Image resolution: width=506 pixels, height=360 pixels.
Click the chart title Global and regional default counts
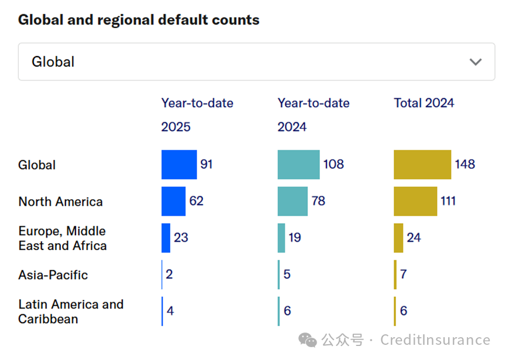click(x=139, y=20)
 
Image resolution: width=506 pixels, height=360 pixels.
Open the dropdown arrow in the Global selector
click(x=476, y=62)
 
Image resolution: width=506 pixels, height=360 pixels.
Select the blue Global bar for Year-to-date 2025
click(x=179, y=165)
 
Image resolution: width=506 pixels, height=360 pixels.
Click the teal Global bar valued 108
click(x=298, y=165)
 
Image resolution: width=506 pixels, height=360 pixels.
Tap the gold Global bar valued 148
click(x=422, y=165)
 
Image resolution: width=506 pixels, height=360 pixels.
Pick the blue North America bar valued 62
click(x=173, y=202)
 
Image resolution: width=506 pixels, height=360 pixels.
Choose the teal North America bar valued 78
click(x=292, y=202)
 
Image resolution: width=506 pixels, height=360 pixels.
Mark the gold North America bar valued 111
click(x=415, y=202)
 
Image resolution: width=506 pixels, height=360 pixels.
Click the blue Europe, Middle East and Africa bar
click(x=166, y=238)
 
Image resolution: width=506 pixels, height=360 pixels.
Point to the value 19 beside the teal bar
click(x=295, y=238)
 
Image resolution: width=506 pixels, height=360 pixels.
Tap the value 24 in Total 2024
click(x=414, y=238)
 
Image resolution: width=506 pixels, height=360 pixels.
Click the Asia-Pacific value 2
click(x=169, y=274)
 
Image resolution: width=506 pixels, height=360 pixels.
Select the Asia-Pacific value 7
click(x=404, y=274)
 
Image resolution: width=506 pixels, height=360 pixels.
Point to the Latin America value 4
click(x=170, y=311)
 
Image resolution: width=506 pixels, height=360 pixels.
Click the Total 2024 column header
click(x=424, y=103)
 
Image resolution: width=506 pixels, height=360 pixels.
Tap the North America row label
click(x=60, y=202)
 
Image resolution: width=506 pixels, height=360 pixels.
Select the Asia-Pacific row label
click(x=53, y=275)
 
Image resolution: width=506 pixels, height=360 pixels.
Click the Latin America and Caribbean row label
click(x=71, y=311)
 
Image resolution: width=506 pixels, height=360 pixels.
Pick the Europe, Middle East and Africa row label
click(x=63, y=238)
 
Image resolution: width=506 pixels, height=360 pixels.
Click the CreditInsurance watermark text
click(x=435, y=340)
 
